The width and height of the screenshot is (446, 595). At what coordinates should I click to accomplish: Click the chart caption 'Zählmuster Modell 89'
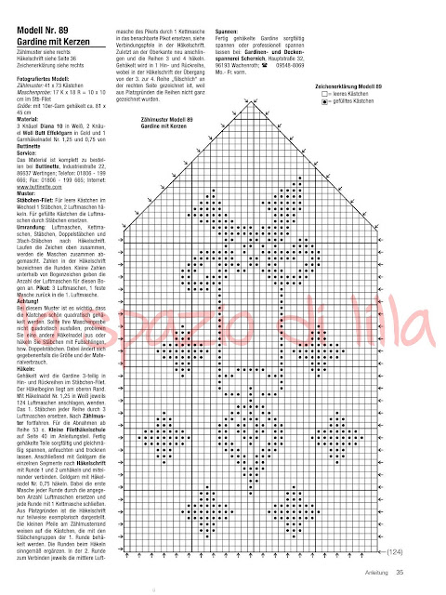point(168,147)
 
